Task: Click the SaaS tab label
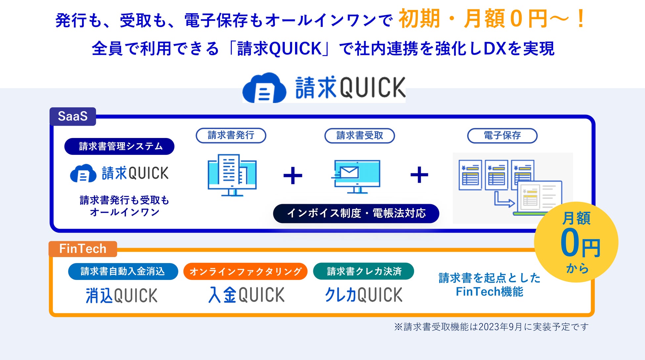point(73,116)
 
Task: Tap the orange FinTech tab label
point(83,249)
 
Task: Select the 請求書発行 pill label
point(231,135)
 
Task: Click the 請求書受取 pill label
point(360,136)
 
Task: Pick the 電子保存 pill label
point(502,136)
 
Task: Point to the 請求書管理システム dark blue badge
point(119,146)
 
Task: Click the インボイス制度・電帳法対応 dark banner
point(356,213)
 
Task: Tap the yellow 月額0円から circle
point(576,242)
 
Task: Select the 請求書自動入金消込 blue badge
point(123,271)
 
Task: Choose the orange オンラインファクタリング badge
point(245,271)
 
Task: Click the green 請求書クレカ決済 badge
point(364,271)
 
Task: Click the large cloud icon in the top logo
point(264,88)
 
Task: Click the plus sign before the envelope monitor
point(293,175)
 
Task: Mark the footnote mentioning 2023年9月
point(491,327)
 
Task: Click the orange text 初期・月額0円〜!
point(492,19)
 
